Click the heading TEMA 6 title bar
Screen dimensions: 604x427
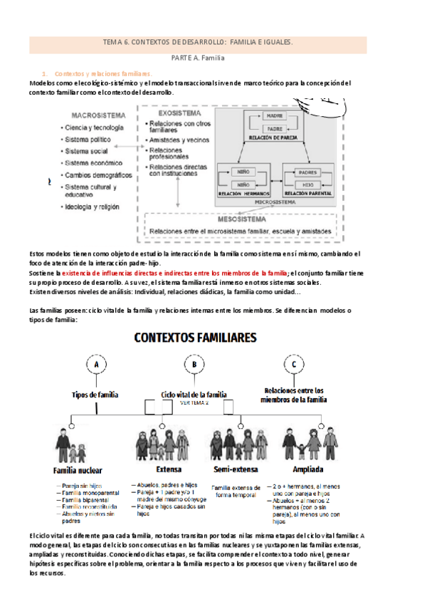[198, 43]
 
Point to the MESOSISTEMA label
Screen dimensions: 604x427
[176, 220]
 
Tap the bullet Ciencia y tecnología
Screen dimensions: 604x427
[94, 127]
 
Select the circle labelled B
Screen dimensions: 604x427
[194, 365]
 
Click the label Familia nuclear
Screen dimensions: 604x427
[78, 471]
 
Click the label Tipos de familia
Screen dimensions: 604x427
[95, 394]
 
